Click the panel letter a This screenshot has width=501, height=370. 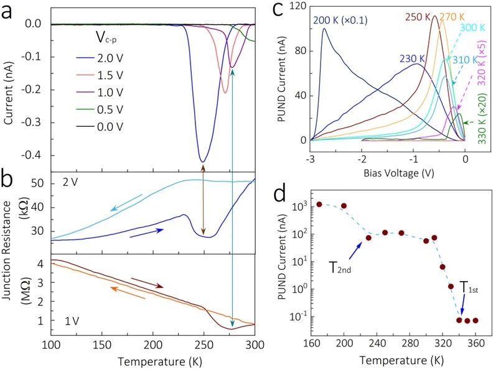click(x=11, y=12)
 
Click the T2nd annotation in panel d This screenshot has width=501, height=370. click(x=342, y=269)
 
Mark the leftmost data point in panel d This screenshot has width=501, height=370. click(x=319, y=204)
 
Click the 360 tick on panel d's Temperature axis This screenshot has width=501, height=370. click(x=476, y=346)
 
